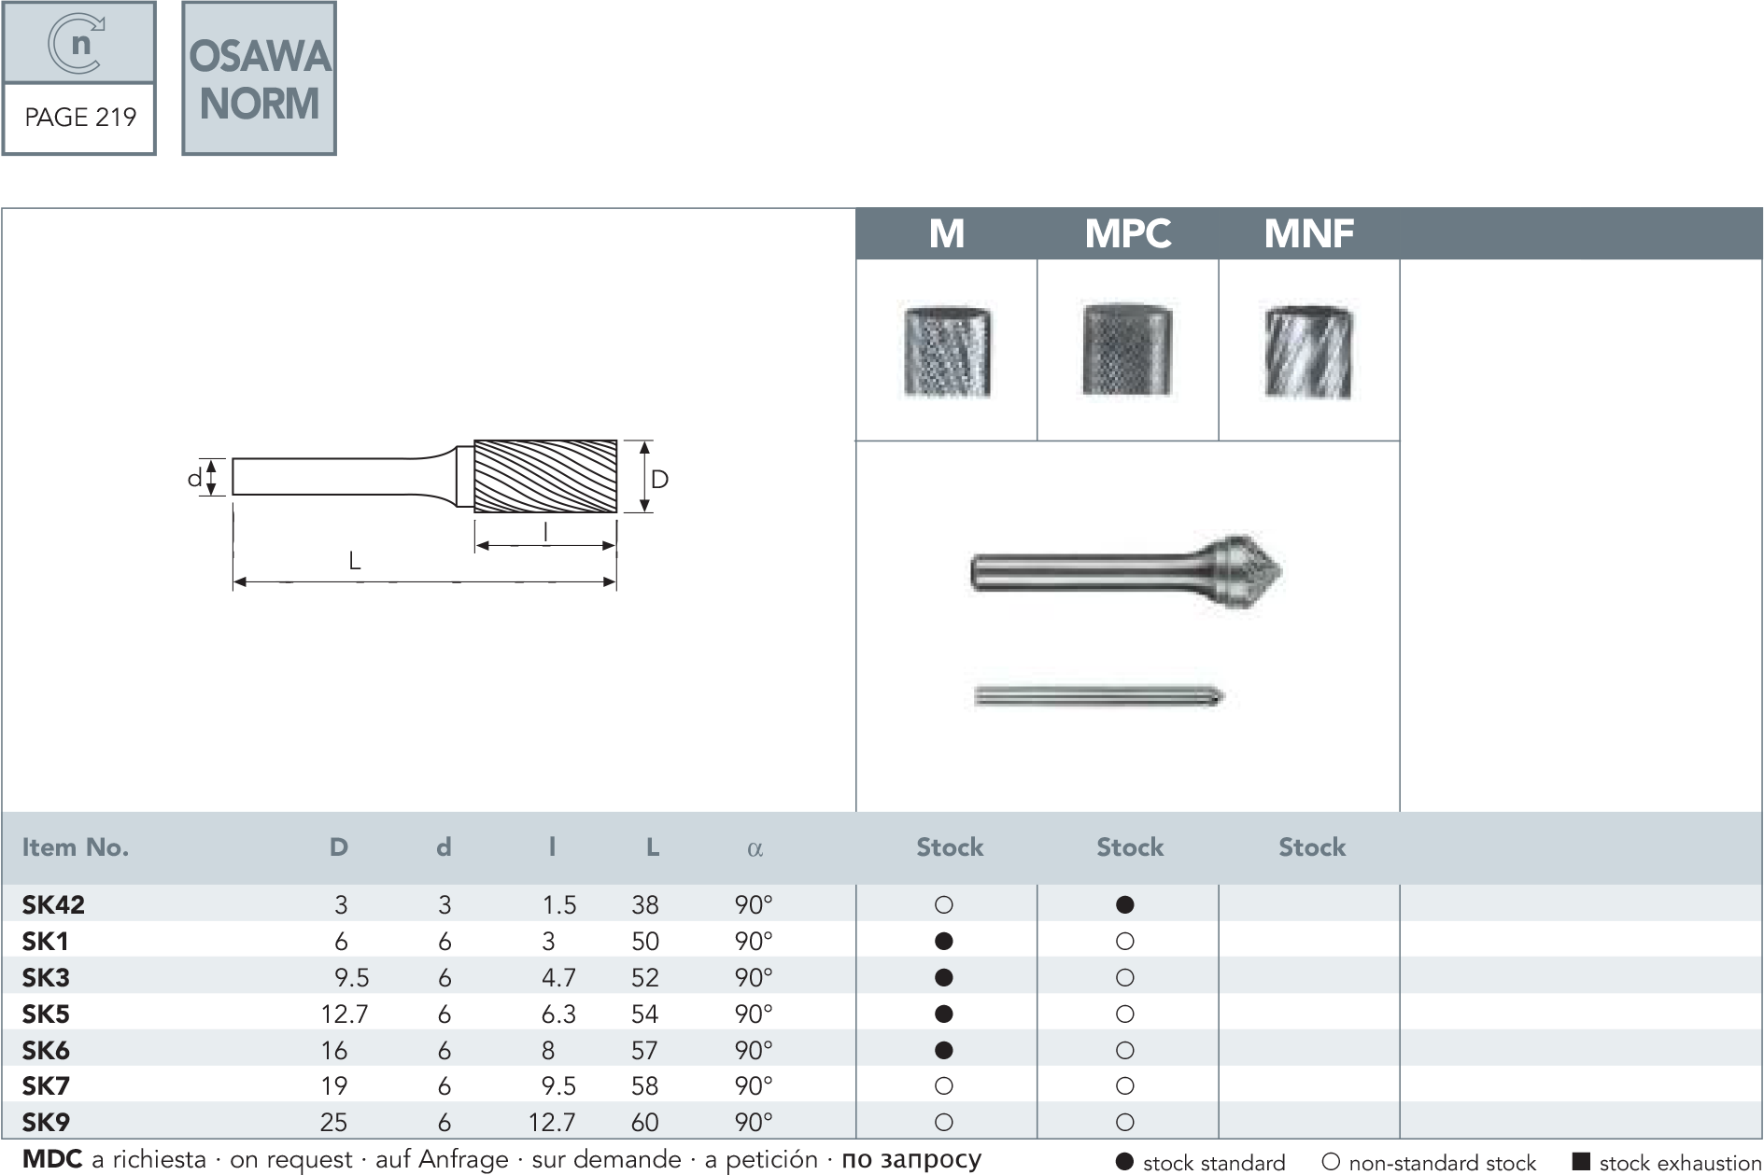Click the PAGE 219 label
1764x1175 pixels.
(x=80, y=118)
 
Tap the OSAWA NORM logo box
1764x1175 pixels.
(x=259, y=78)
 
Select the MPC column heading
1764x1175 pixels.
(x=1128, y=233)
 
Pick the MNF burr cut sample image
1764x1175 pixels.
(x=1308, y=351)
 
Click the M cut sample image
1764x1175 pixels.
(x=947, y=351)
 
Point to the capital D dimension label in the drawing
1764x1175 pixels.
(x=659, y=480)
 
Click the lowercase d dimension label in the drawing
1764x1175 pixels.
(x=194, y=478)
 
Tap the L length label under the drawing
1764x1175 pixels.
(x=354, y=561)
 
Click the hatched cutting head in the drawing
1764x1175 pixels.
(x=545, y=476)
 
